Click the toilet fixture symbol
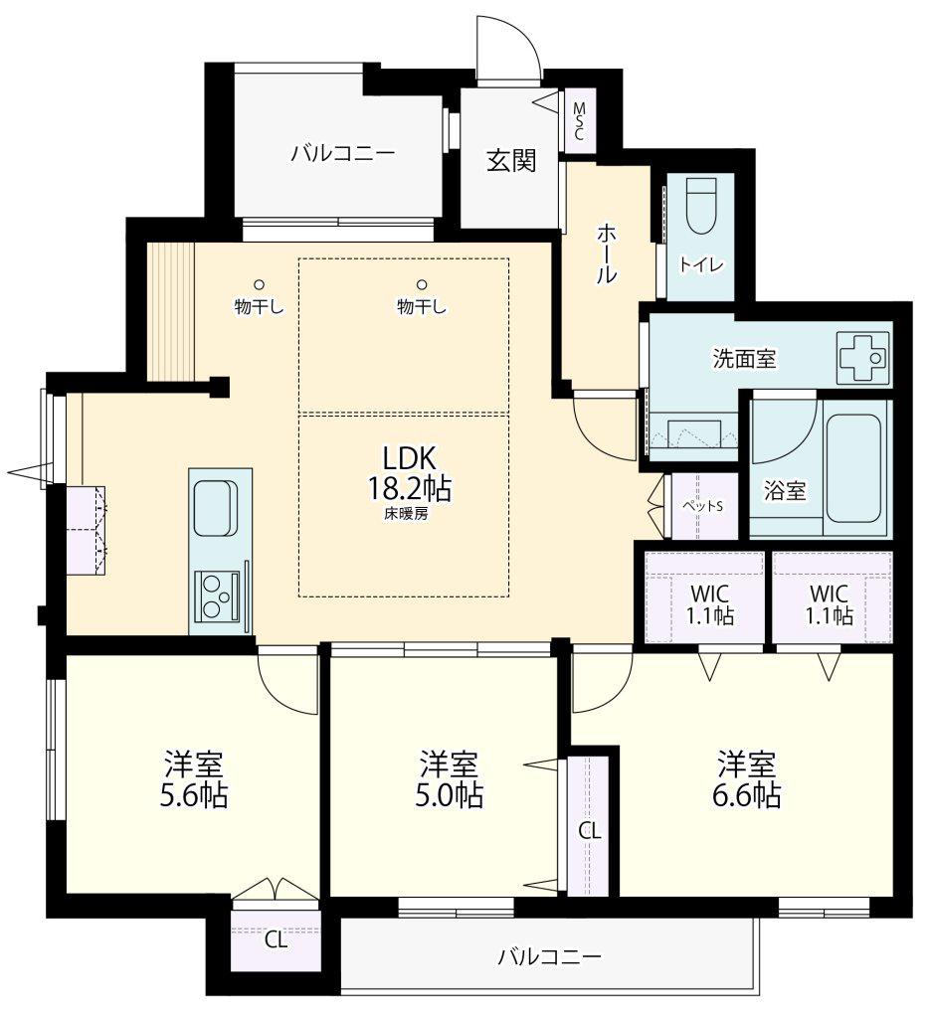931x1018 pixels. click(x=700, y=205)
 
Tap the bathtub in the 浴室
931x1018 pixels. click(x=853, y=467)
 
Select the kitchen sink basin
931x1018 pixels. click(x=216, y=508)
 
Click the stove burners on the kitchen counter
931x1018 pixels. click(x=217, y=595)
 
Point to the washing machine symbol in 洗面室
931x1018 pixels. click(x=863, y=357)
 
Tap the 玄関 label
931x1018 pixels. click(x=512, y=160)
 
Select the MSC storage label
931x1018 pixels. click(x=578, y=120)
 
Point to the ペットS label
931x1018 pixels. click(x=702, y=506)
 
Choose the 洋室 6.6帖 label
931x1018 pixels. click(x=746, y=779)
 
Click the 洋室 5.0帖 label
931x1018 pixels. click(x=449, y=779)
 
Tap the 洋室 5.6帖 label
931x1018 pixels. click(x=194, y=779)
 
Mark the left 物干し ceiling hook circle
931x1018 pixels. click(x=259, y=283)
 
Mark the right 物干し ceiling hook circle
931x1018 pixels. click(x=422, y=283)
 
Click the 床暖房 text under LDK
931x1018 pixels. click(x=406, y=514)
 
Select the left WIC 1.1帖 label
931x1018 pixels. click(x=710, y=603)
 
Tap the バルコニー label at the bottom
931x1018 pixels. click(x=550, y=955)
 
